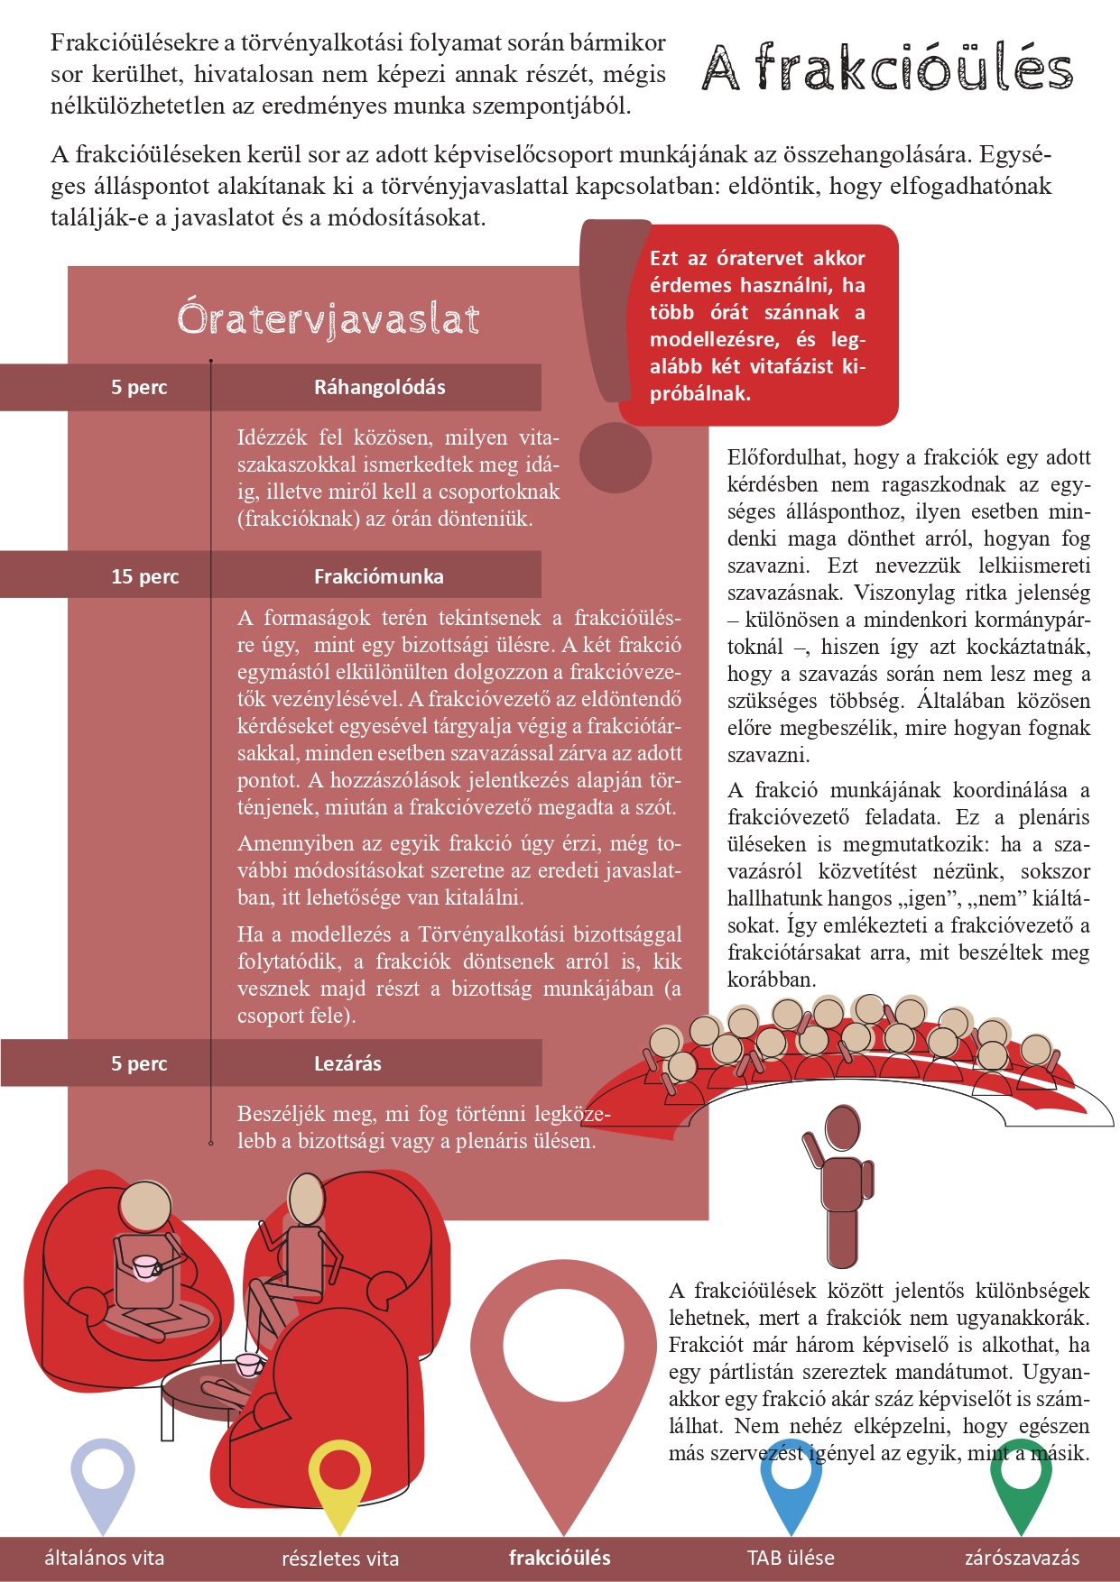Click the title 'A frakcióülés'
887,68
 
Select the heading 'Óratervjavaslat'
328,318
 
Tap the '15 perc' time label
144,576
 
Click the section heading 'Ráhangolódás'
379,387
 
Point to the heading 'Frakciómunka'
378,576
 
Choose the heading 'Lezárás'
347,1063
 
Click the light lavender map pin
103,1475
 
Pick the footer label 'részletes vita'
340,1558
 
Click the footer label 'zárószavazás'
1022,1558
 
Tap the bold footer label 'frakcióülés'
560,1558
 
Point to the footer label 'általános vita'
105,1558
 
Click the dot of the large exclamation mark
615,457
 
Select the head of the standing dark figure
843,1129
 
